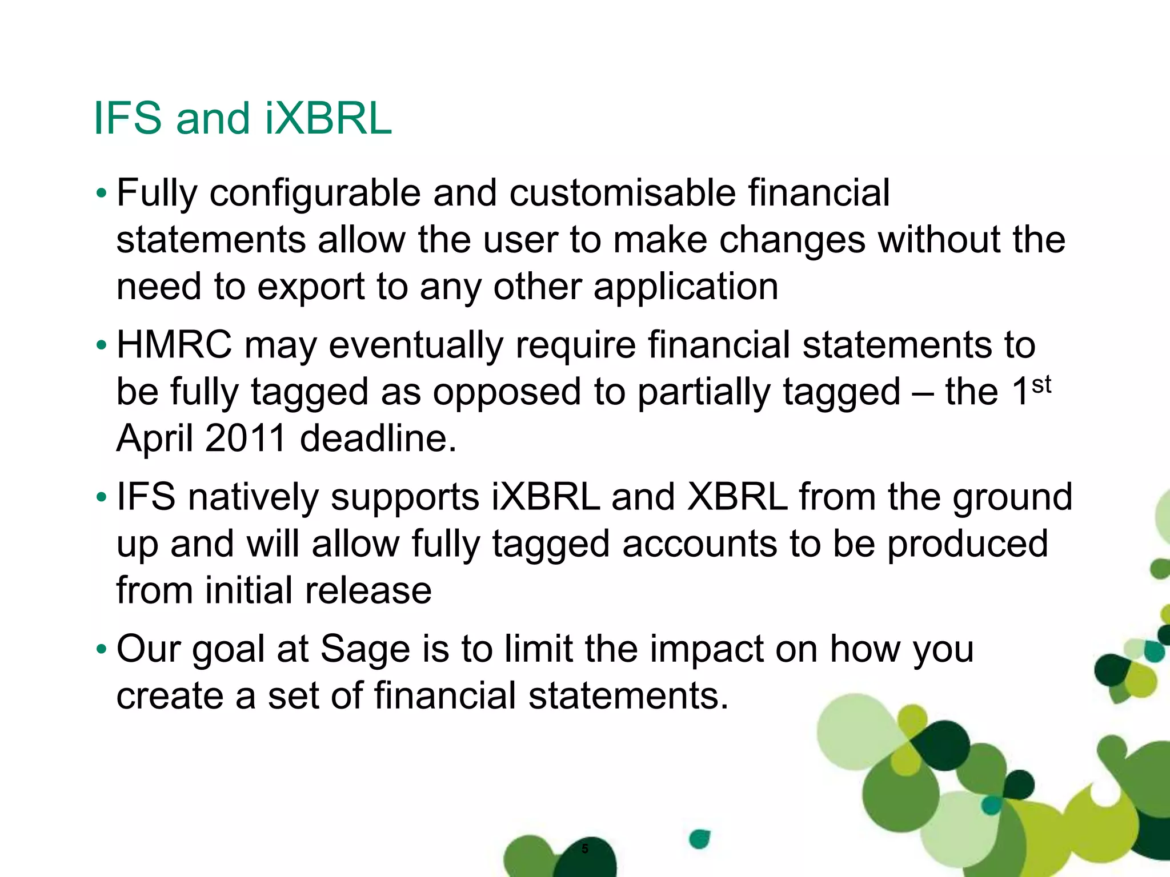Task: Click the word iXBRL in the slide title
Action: (328, 118)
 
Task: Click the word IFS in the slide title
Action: (127, 118)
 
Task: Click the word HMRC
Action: (174, 345)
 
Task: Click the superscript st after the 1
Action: (1041, 384)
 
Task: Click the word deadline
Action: (378, 438)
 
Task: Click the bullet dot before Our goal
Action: (101, 649)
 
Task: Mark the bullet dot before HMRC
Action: (101, 345)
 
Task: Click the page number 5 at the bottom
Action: (584, 848)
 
